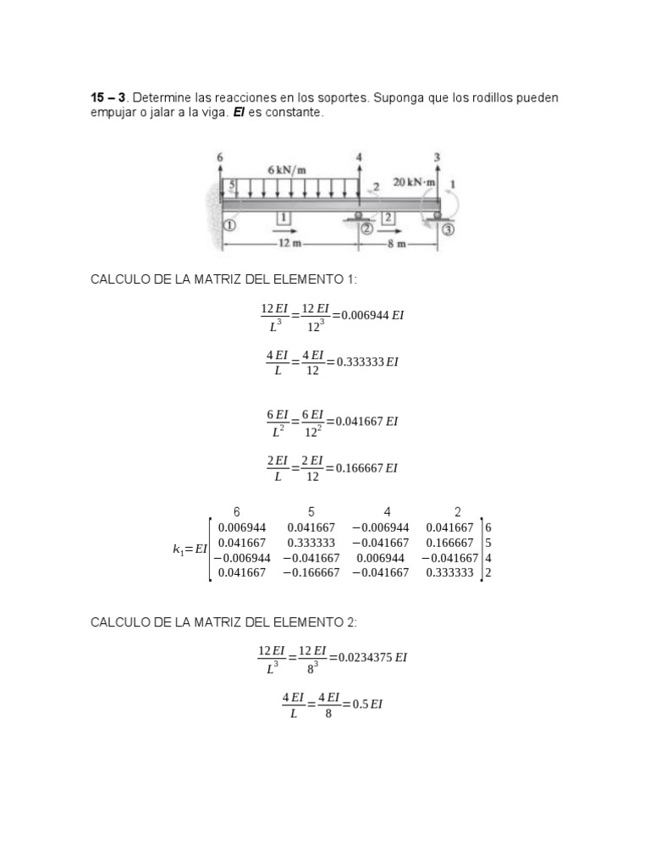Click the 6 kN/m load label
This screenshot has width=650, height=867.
click(x=287, y=169)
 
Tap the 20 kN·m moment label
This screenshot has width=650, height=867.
click(x=414, y=182)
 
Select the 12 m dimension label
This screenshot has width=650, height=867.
click(x=289, y=243)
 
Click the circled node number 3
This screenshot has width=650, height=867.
click(x=448, y=229)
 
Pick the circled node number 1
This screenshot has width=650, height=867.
click(x=229, y=226)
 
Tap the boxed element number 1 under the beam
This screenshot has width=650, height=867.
click(x=284, y=218)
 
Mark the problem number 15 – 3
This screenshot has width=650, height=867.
click(x=108, y=98)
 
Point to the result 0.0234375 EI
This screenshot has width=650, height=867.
click(x=372, y=657)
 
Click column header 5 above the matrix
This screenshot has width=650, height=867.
click(x=311, y=511)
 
